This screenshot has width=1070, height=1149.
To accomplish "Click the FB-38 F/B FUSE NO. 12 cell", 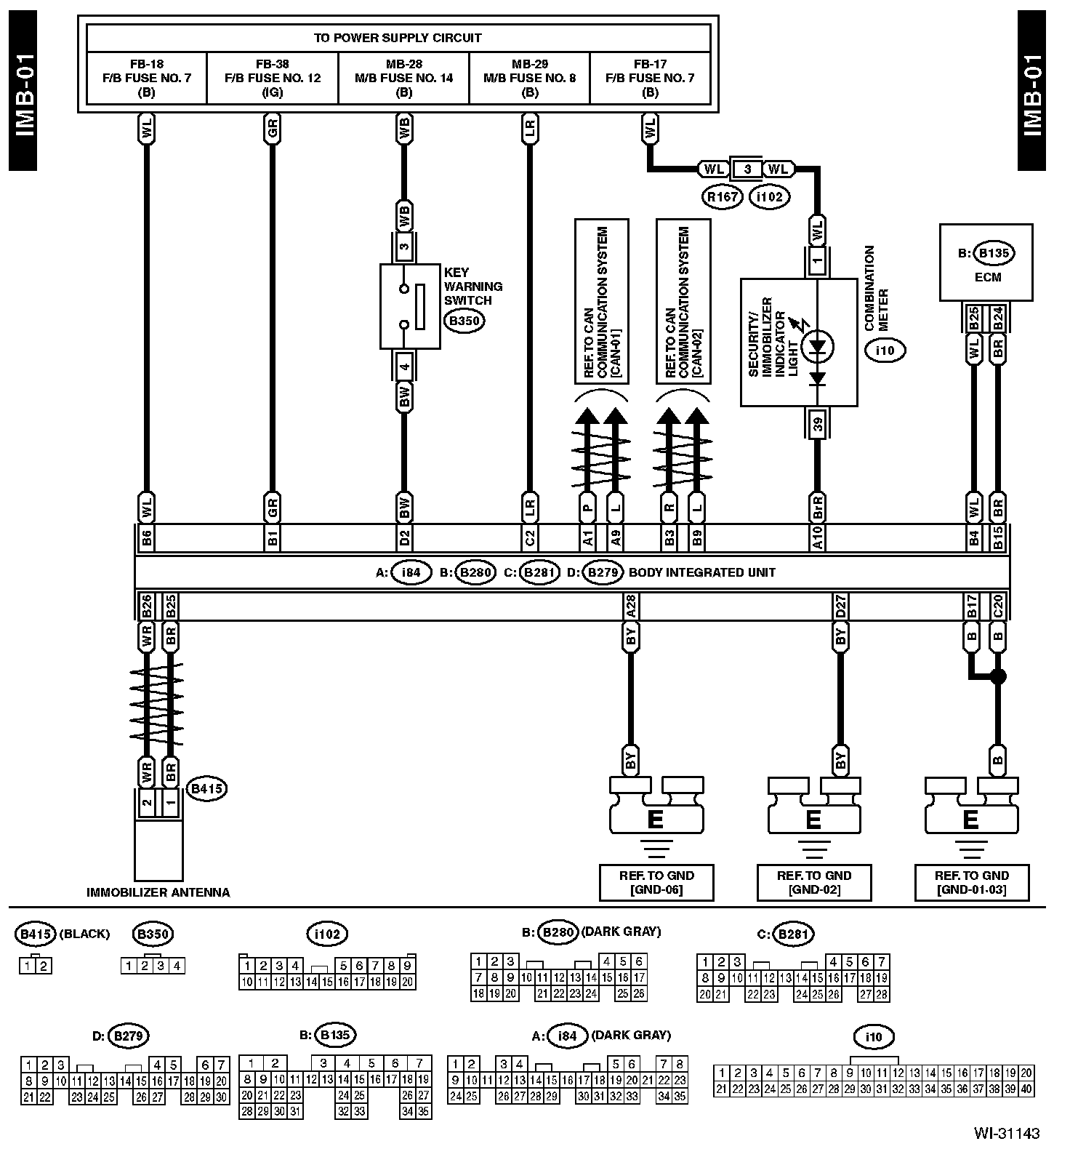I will click(273, 78).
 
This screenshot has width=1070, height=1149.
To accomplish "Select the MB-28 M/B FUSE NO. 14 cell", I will click(404, 78).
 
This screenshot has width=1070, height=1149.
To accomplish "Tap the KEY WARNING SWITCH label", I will click(473, 286).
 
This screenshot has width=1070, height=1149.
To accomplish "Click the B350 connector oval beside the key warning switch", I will click(464, 321).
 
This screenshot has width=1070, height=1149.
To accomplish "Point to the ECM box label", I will click(986, 277).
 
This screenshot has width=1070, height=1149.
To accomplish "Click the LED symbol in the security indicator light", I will click(818, 347).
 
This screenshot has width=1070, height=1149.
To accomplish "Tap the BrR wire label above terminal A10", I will click(818, 506).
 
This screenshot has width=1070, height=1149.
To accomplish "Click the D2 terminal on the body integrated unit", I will click(404, 538).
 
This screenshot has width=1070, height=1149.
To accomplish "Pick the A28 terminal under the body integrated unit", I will click(630, 606).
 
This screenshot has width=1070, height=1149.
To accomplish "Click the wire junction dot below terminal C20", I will click(998, 677).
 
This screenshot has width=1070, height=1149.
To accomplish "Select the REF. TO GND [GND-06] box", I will click(656, 882).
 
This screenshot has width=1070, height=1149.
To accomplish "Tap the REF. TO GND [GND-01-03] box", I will click(971, 882).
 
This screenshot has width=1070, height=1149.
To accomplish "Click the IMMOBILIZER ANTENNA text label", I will click(158, 892).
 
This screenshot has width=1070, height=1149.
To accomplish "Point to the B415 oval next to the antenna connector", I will click(206, 788).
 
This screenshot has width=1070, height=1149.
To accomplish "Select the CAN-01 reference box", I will click(601, 300).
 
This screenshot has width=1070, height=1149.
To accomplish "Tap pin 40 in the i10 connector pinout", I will click(1026, 1089).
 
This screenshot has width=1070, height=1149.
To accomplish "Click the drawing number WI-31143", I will click(1007, 1133).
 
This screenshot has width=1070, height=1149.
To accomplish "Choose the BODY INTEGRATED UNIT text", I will click(701, 572).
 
